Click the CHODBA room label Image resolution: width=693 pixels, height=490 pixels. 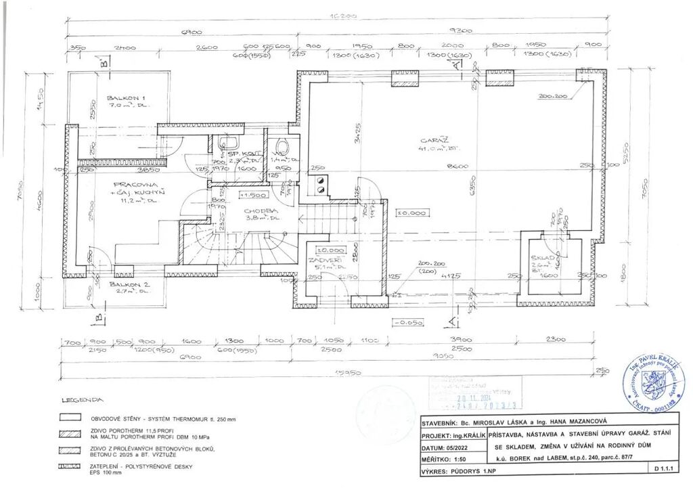259,210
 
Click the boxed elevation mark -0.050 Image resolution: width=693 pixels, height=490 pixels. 408,323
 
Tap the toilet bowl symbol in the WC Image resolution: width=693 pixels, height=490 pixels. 282,146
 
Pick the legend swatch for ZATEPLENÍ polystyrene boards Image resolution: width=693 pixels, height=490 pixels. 70,466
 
